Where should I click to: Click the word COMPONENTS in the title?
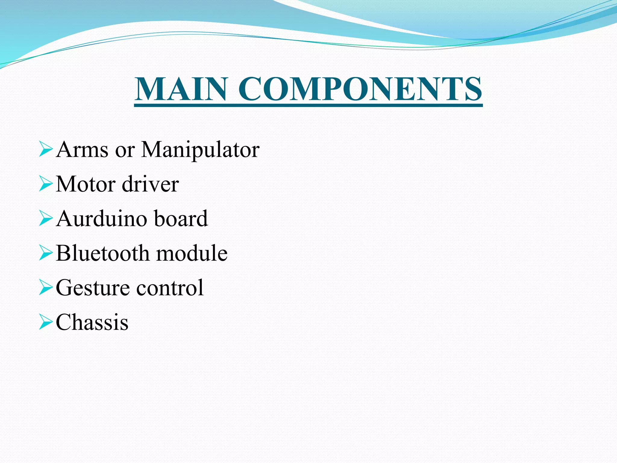360,89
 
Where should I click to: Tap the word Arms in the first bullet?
82,150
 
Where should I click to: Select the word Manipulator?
200,150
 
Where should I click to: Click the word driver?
150,184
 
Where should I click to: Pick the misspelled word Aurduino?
101,219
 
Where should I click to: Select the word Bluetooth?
102,253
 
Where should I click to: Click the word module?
192,253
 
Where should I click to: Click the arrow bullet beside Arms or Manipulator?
46,150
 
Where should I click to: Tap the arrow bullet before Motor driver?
46,184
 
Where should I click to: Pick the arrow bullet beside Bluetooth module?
46,254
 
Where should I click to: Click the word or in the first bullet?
125,151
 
